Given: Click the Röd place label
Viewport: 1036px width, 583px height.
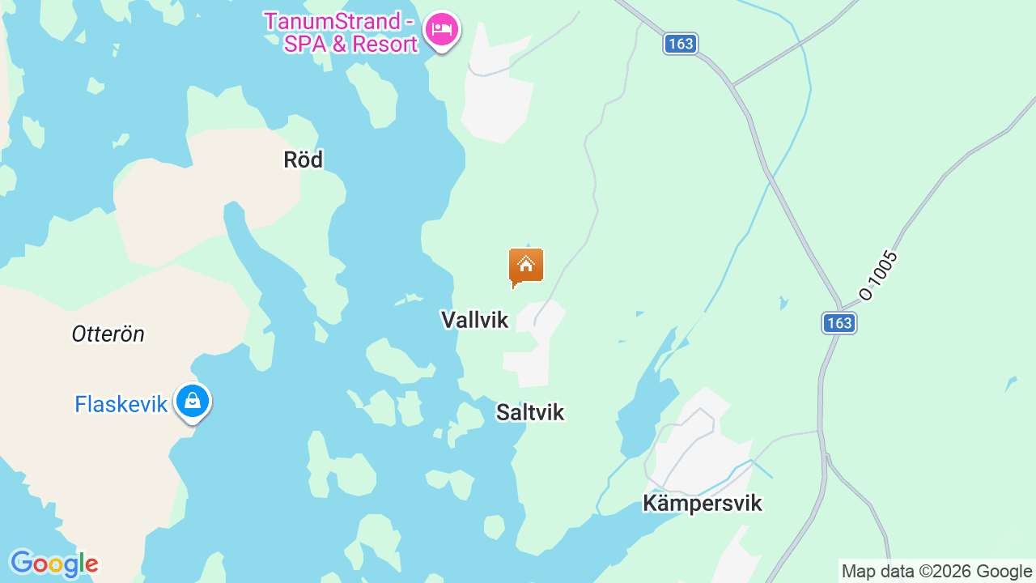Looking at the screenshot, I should tap(304, 160).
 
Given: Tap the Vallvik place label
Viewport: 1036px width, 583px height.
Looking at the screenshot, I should tap(475, 320).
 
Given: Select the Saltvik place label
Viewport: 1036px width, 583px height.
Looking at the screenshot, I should tap(530, 412).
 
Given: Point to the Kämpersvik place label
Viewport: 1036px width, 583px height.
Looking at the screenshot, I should tap(703, 503).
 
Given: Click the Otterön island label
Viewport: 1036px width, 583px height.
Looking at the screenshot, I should tap(108, 334).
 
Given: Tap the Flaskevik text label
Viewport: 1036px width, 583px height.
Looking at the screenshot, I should tap(121, 404).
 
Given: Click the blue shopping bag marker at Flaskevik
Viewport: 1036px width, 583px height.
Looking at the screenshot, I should tap(193, 401).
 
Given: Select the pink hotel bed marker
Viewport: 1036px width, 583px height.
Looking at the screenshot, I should tap(441, 30).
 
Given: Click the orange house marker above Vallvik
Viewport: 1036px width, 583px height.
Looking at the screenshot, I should tap(526, 266).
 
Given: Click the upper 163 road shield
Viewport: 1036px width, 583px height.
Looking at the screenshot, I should tap(681, 44).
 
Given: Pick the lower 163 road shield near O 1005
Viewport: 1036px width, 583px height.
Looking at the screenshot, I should tap(839, 323).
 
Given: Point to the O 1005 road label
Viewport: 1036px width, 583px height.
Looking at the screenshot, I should tap(879, 275).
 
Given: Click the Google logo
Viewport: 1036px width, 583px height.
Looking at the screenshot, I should tap(53, 564).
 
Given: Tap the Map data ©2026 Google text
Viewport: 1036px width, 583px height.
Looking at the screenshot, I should tap(936, 572).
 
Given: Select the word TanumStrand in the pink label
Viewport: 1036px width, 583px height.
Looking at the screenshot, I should tap(333, 21).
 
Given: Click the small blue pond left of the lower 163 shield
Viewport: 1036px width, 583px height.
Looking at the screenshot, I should tap(783, 304).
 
